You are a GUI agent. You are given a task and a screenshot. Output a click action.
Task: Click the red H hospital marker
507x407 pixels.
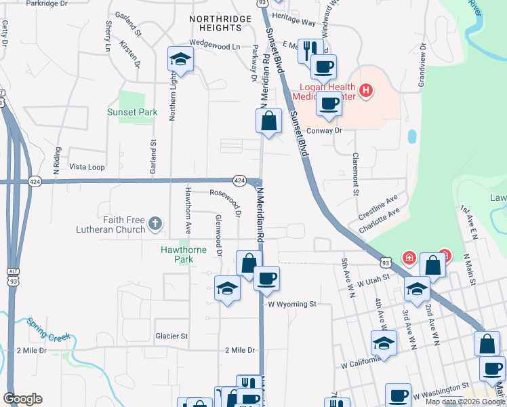click(x=366, y=90)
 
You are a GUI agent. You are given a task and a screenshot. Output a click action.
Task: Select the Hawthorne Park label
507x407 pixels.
click(x=183, y=254)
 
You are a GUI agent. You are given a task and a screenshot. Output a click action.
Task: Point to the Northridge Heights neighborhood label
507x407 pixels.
click(x=216, y=23)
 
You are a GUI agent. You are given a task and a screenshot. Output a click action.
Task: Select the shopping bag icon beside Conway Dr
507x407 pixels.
click(x=268, y=121)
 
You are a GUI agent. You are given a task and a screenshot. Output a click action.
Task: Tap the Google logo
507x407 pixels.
click(x=22, y=399)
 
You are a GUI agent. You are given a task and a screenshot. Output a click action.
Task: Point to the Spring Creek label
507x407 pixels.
click(x=49, y=328)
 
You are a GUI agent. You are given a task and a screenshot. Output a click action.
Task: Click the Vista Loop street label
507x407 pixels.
click(x=87, y=167)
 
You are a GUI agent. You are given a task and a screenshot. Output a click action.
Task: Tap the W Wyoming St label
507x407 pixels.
click(x=292, y=305)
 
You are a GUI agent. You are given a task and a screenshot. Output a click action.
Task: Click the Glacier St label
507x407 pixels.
click(x=170, y=336)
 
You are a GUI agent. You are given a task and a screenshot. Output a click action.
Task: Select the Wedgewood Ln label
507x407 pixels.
click(x=215, y=46)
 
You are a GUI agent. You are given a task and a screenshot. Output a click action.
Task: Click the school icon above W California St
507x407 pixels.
click(x=384, y=342)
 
